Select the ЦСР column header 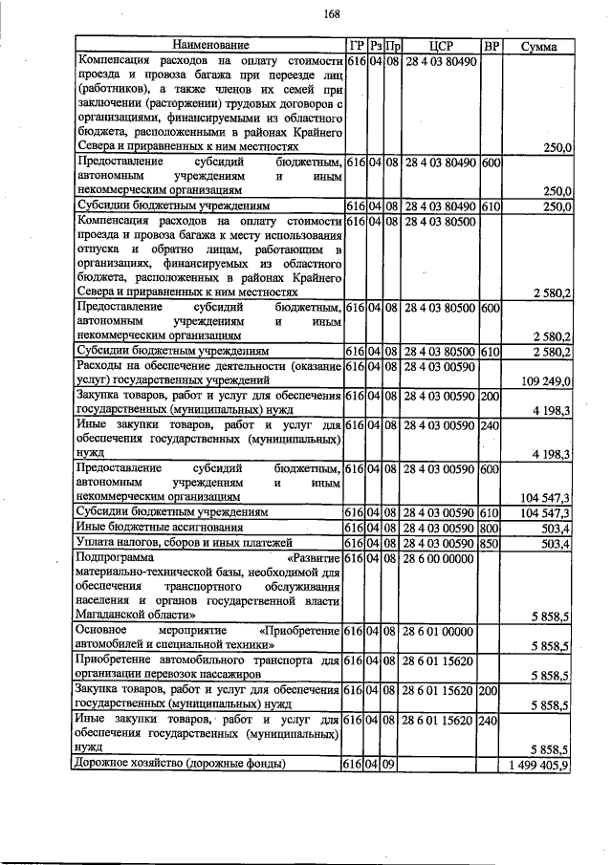[440, 45]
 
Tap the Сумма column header [539, 45]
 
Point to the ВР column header [491, 45]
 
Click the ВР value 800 [491, 528]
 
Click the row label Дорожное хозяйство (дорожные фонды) [180, 764]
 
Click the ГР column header [353, 45]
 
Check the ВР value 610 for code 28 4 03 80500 [491, 351]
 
